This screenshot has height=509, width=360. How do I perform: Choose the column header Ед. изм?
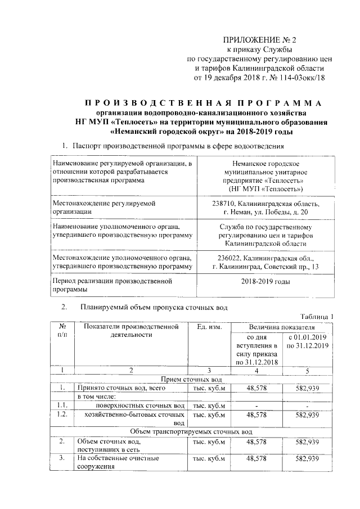click(210, 327)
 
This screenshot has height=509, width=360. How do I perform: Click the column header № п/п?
click(63, 331)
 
